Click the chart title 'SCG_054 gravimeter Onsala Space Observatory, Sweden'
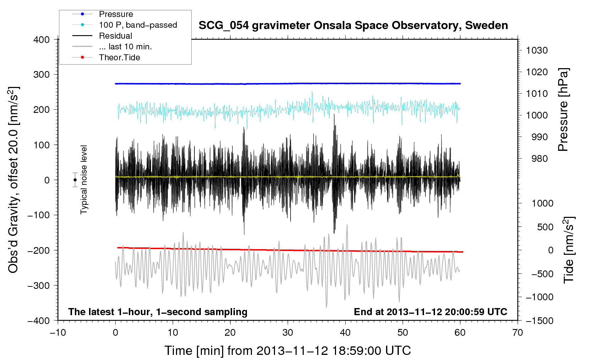[353, 26]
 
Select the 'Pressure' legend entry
[116, 14]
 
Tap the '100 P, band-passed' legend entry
[138, 25]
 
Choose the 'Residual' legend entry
[115, 36]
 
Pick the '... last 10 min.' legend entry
[125, 46]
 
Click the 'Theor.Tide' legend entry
[119, 57]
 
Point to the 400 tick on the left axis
[42, 40]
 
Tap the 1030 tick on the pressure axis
[537, 50]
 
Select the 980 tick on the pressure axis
[539, 159]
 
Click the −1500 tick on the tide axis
[539, 320]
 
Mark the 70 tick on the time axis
[517, 333]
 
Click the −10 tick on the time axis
[58, 333]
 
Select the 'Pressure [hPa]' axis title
[563, 110]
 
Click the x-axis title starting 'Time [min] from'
[287, 351]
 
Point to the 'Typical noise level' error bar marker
[75, 180]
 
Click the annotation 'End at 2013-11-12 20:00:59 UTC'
[430, 312]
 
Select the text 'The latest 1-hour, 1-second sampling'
[158, 312]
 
